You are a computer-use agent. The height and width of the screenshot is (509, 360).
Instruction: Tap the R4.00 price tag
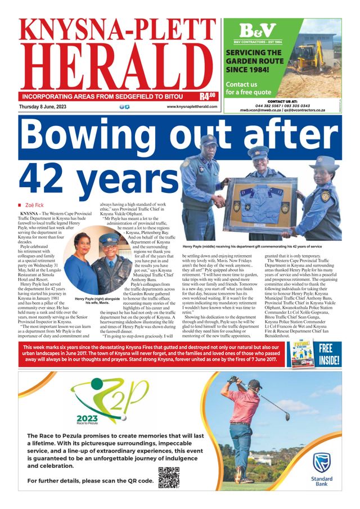click(x=208, y=96)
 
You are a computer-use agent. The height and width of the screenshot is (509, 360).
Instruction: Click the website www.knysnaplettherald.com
click(x=192, y=107)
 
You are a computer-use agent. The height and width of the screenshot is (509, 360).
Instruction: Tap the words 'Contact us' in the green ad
click(x=241, y=84)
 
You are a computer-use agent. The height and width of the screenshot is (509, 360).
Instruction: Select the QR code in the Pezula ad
click(x=169, y=478)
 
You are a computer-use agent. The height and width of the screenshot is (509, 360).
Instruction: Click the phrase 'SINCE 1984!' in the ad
click(x=247, y=70)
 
